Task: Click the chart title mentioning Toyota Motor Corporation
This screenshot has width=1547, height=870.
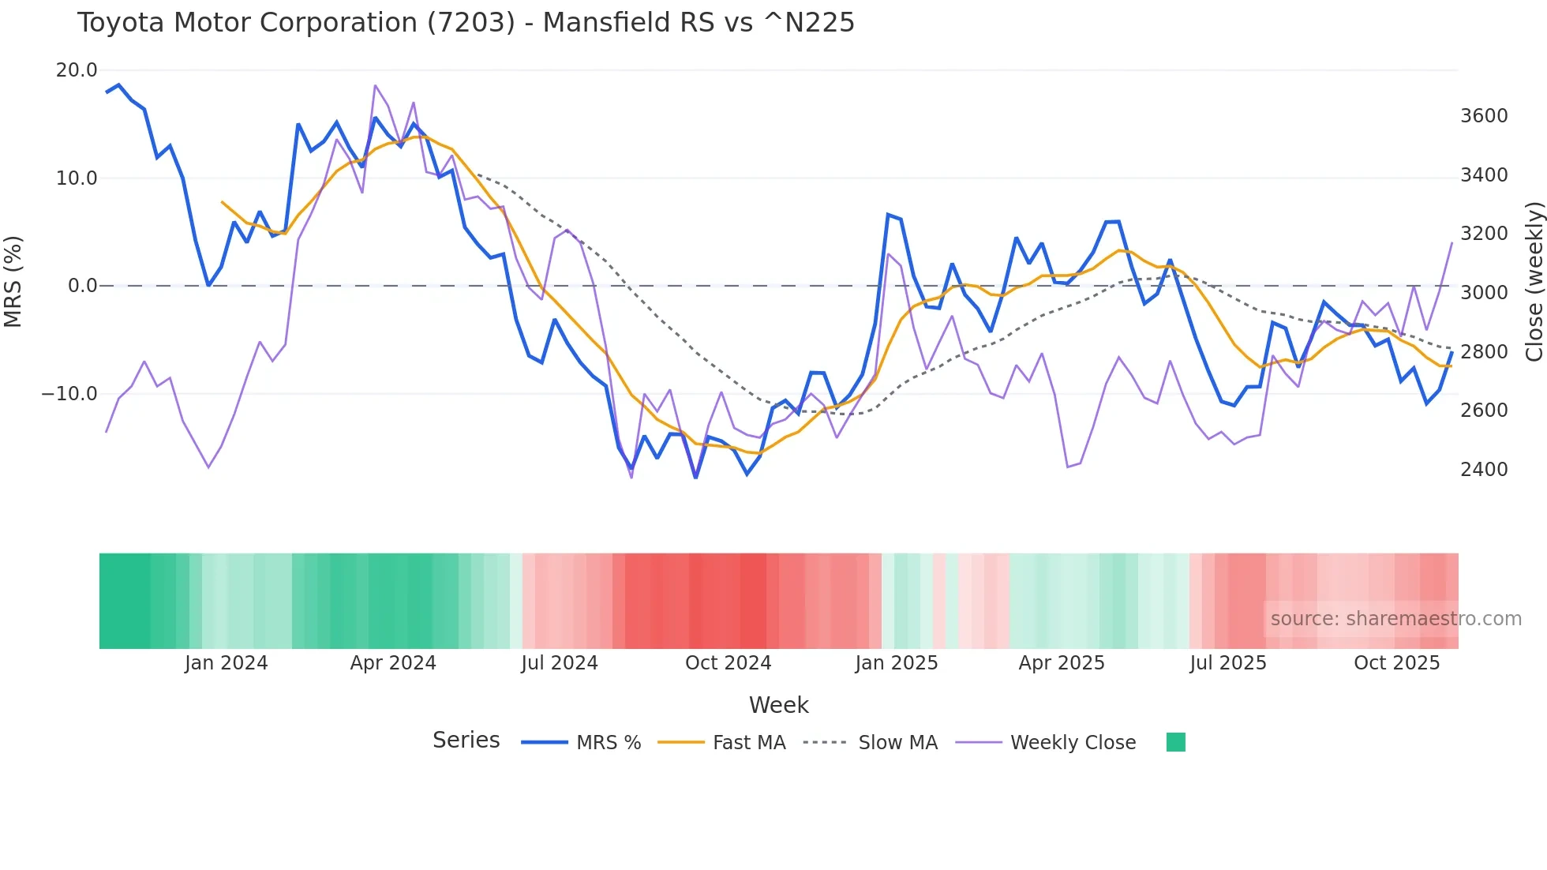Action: (466, 23)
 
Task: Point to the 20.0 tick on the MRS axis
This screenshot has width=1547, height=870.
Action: (77, 70)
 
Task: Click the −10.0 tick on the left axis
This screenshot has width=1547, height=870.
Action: (69, 393)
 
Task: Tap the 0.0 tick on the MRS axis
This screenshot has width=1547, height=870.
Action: (82, 286)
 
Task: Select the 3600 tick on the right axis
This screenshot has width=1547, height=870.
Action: (1484, 116)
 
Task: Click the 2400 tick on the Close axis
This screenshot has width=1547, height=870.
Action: (1484, 469)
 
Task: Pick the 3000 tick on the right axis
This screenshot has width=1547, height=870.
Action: (1484, 293)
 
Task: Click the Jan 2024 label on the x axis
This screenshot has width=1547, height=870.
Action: (227, 663)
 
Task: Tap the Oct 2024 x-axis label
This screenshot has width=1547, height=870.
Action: (728, 663)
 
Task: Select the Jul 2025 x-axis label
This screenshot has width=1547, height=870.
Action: (1228, 663)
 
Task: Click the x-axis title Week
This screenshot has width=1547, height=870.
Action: (778, 705)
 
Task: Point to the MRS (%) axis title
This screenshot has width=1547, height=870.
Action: (13, 282)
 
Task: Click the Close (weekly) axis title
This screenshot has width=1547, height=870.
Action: (1534, 282)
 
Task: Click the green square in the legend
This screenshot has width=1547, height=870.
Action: (1175, 742)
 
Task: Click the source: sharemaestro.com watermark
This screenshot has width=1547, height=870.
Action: (1395, 619)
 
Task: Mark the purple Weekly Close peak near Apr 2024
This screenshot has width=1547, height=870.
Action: (375, 85)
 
